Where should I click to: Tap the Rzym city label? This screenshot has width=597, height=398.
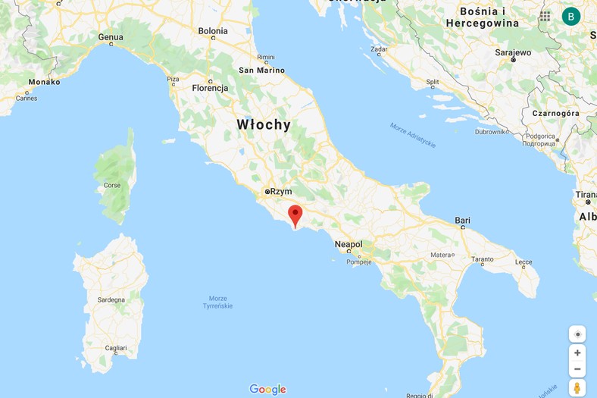pos(281,192)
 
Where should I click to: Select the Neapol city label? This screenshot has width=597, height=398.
pos(349,244)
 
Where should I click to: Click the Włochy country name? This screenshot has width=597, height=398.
pos(263,125)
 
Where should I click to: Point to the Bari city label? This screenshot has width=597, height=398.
pos(462,221)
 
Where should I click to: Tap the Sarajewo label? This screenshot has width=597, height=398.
pos(513,53)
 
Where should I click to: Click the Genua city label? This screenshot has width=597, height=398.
pos(111,37)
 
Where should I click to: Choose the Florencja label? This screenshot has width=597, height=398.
pos(210,88)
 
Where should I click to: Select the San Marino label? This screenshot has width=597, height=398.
pos(262,71)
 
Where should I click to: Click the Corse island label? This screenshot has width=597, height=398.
pos(112,185)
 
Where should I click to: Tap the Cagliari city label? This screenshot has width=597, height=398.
pos(116,348)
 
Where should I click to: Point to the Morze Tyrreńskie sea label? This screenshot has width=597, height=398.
pos(218,301)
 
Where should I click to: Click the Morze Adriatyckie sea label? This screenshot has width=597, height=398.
pos(413,134)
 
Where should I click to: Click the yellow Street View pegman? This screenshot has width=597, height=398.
pos(577,388)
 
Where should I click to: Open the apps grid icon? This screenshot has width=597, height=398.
pos(545,16)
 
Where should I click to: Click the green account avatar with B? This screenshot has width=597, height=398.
pos(571,16)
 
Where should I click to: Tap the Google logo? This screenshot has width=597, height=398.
pos(267,389)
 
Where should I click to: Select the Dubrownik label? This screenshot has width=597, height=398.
pos(490,131)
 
